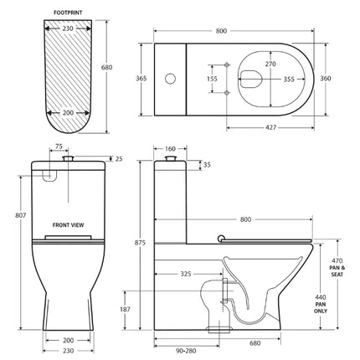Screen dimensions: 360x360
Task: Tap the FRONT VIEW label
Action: click(67, 225)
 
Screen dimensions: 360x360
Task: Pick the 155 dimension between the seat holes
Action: click(213, 80)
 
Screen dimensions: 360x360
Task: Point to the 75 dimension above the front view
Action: click(60, 145)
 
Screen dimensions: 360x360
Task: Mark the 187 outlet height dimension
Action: click(125, 309)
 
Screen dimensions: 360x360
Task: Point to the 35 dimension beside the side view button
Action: click(206, 166)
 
